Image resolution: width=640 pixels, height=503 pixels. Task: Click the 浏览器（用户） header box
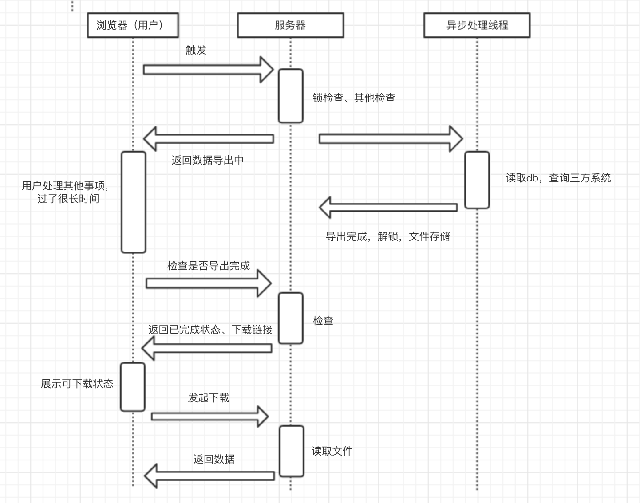tap(133, 25)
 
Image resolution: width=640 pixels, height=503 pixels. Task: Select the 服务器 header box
tap(290, 25)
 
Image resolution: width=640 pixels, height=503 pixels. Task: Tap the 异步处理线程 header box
tap(477, 25)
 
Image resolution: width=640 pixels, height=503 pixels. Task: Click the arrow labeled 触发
tap(208, 70)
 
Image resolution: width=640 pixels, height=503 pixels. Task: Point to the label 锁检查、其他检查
tap(354, 98)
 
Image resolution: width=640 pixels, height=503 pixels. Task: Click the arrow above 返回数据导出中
tap(209, 139)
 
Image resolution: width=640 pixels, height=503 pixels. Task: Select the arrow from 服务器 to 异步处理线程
tap(391, 139)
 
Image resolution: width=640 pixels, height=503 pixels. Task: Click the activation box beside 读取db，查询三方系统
tap(477, 180)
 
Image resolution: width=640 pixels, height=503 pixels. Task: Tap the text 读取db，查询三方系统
tap(558, 178)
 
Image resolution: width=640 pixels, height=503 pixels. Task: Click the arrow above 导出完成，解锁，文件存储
tap(388, 207)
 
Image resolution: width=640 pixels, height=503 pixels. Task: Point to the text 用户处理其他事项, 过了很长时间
tap(67, 192)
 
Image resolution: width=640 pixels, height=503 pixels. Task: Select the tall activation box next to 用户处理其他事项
tap(134, 202)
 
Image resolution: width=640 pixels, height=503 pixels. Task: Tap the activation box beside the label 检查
tap(291, 318)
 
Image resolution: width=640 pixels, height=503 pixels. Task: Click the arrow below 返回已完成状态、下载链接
tap(207, 348)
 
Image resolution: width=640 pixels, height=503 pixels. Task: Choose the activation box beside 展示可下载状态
tap(133, 387)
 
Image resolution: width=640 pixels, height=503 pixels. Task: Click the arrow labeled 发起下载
tap(209, 416)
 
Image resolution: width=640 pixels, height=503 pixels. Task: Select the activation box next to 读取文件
tap(292, 451)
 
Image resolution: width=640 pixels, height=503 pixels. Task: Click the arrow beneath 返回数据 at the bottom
tap(209, 476)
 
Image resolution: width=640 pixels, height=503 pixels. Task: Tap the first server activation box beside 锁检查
tap(291, 96)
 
